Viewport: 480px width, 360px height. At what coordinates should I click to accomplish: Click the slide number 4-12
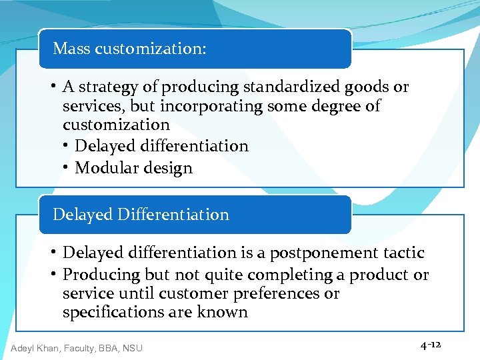431,345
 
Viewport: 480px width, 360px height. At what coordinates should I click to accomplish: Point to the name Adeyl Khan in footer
36,347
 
